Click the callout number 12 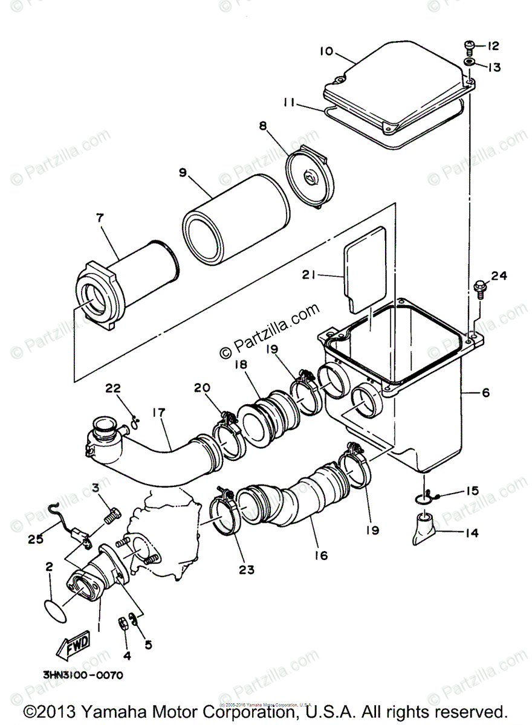coord(493,46)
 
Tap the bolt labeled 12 coord(469,45)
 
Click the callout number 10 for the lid coord(326,51)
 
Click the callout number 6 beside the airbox coord(486,392)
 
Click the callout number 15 coord(471,491)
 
